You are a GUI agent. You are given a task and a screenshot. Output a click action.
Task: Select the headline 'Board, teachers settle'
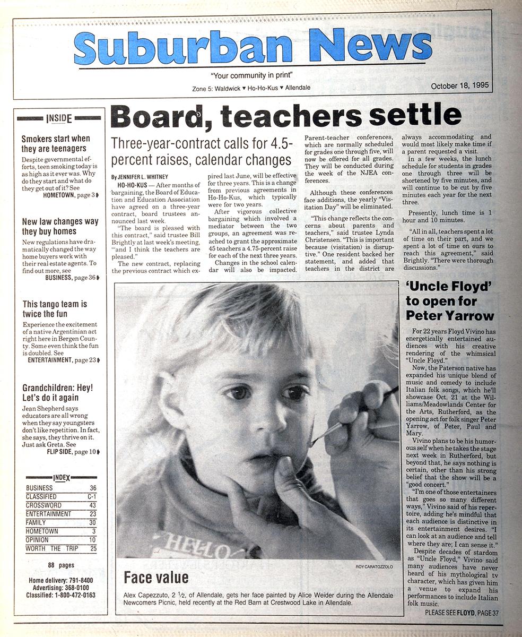(x=285, y=116)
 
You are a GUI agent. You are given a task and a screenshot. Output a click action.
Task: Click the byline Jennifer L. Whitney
(x=140, y=176)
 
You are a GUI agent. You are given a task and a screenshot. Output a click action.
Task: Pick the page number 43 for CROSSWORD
(x=93, y=505)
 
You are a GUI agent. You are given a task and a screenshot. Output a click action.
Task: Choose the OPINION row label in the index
(x=39, y=540)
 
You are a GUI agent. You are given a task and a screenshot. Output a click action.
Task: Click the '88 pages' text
(x=61, y=565)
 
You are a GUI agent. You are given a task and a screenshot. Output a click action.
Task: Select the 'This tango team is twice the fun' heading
(x=55, y=309)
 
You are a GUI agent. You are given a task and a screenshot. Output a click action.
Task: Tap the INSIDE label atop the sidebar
(x=58, y=118)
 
